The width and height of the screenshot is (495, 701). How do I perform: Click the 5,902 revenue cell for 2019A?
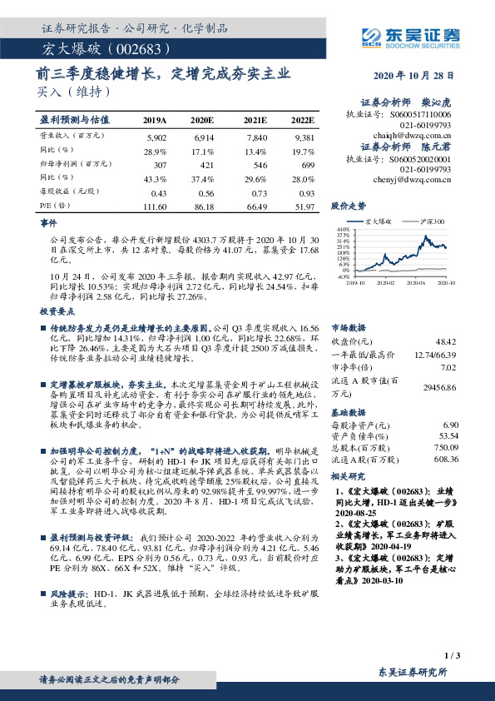[156, 136]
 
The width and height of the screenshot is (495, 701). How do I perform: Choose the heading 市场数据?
[348, 327]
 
